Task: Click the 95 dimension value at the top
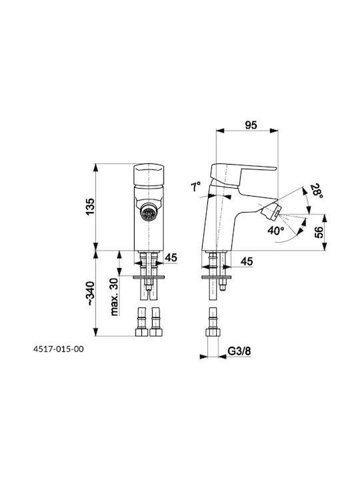pos(251,125)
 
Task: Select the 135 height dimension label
pos(90,207)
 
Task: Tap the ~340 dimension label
pos(91,293)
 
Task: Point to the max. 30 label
pos(115,297)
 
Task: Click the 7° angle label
pos(196,186)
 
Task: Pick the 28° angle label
pos(315,191)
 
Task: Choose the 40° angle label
pos(276,230)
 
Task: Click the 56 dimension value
pos(319,232)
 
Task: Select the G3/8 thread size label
pos(239,351)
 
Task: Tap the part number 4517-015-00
pos(58,349)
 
